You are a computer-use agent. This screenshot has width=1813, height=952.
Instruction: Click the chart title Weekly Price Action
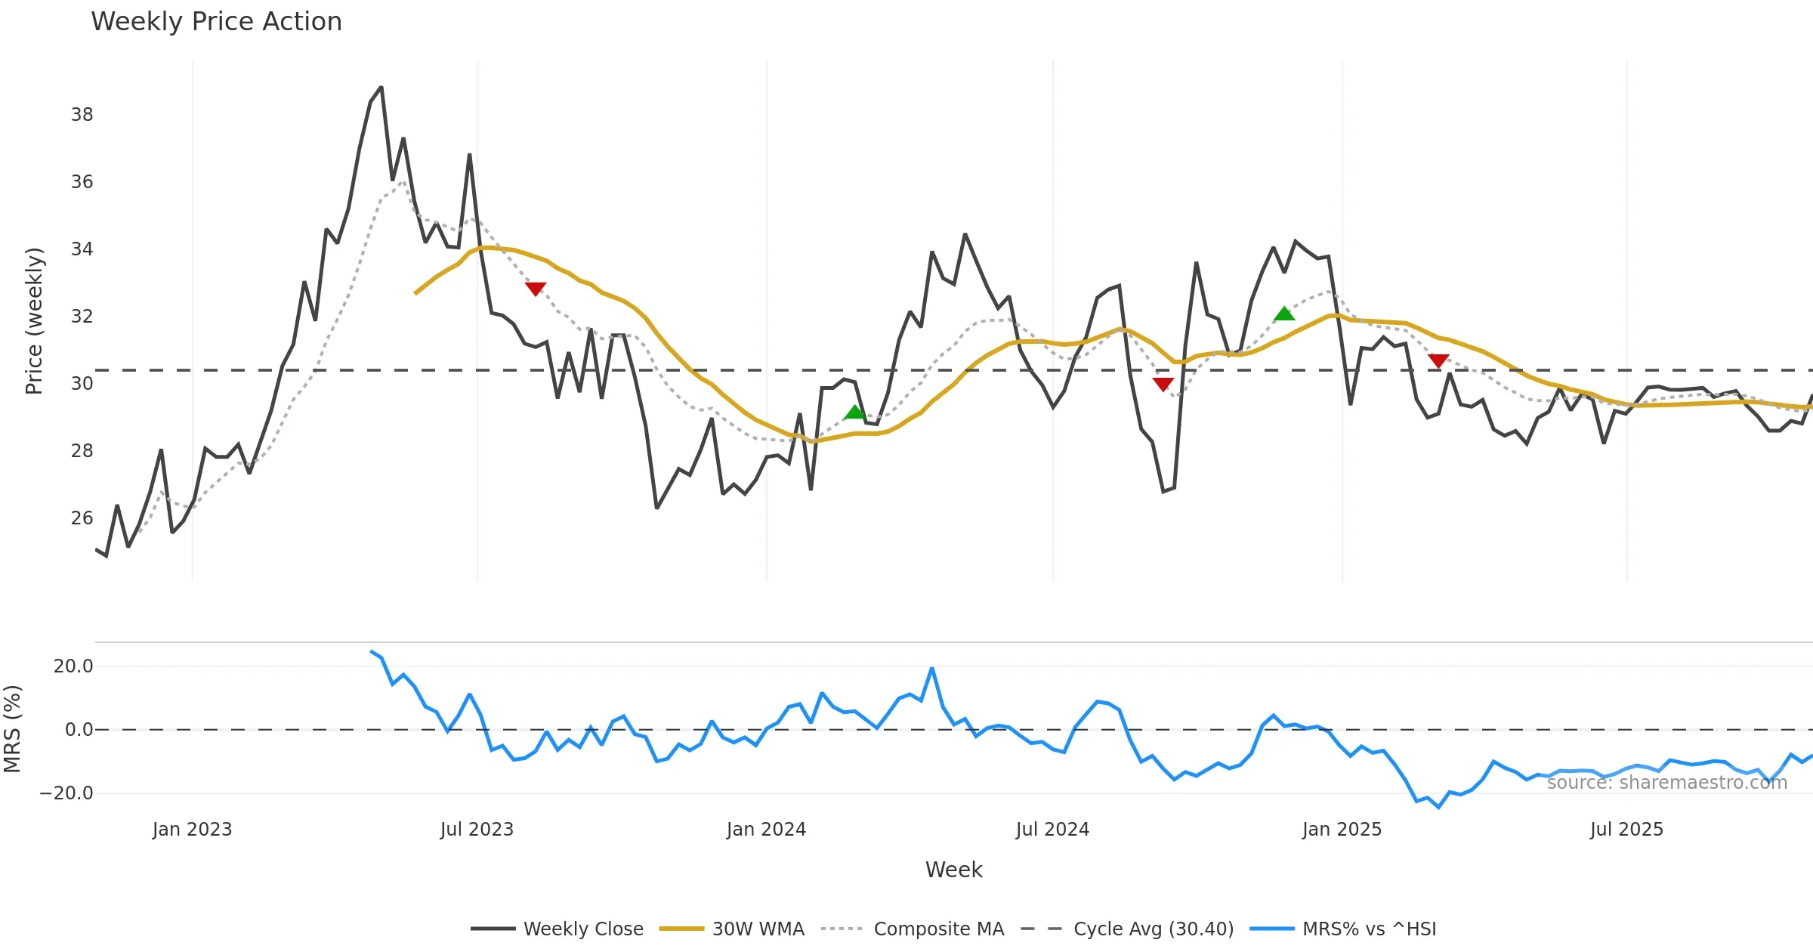pyautogui.click(x=216, y=22)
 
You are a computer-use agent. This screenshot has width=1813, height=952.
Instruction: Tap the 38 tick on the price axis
pyautogui.click(x=82, y=115)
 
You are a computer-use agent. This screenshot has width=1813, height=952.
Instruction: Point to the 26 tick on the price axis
pyautogui.click(x=82, y=518)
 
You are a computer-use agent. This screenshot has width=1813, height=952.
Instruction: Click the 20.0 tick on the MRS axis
pyautogui.click(x=73, y=666)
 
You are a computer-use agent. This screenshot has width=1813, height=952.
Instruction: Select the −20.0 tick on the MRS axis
pyautogui.click(x=66, y=793)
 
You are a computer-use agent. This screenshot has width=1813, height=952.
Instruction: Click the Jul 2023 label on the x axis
pyautogui.click(x=477, y=830)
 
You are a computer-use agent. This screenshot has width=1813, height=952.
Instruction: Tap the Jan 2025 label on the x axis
pyautogui.click(x=1342, y=830)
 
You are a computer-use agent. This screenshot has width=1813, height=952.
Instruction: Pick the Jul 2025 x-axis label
pyautogui.click(x=1626, y=830)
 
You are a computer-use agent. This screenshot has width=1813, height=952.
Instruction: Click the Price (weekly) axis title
pyautogui.click(x=34, y=321)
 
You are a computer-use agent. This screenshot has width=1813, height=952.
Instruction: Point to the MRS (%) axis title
pyautogui.click(x=13, y=729)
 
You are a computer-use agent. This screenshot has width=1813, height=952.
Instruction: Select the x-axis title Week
pyautogui.click(x=953, y=870)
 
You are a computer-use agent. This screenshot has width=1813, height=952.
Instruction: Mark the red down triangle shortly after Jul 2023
pyautogui.click(x=536, y=289)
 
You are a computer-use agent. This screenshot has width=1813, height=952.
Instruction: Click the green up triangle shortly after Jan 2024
pyautogui.click(x=854, y=412)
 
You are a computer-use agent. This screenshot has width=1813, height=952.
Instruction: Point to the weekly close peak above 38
pyautogui.click(x=381, y=88)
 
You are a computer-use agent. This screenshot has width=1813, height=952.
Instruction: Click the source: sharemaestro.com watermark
pyautogui.click(x=1666, y=783)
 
